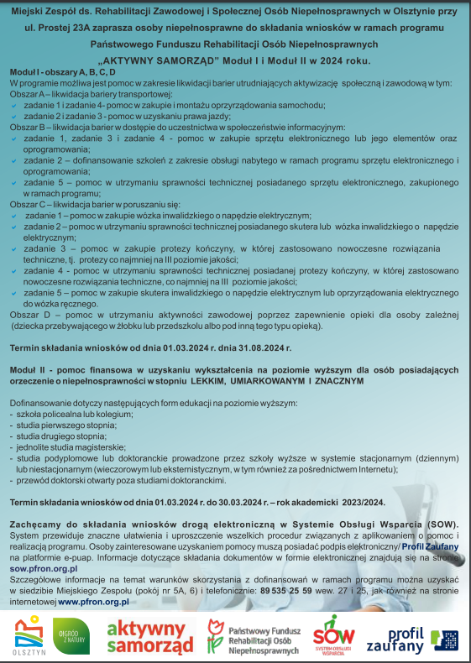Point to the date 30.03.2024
(x=261, y=502)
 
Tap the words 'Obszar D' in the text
(x=28, y=314)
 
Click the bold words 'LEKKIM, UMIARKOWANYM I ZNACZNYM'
(x=278, y=381)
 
